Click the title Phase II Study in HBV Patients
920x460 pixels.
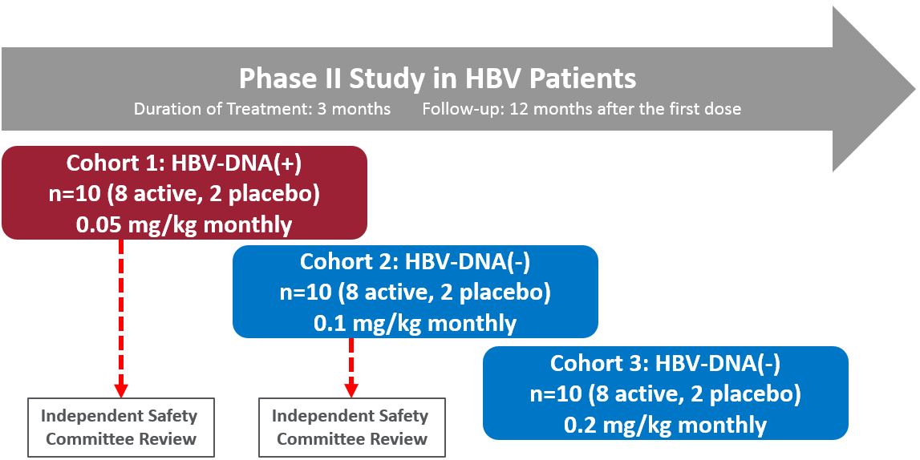[437, 79]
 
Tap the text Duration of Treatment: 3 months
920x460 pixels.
[262, 109]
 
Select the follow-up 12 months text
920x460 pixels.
[582, 109]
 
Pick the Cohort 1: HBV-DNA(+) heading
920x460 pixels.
[184, 163]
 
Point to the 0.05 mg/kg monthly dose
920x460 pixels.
[184, 224]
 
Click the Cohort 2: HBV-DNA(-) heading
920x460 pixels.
[415, 262]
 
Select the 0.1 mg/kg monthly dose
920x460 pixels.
[415, 323]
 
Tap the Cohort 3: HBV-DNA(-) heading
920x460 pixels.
[665, 363]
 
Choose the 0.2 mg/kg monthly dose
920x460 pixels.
[665, 425]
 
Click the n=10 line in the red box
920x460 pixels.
[184, 193]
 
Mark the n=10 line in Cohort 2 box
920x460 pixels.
[415, 293]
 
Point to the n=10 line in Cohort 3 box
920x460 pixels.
[665, 393]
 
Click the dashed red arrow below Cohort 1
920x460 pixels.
[121, 313]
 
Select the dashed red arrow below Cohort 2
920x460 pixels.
[351, 365]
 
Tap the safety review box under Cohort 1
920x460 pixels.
[121, 427]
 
